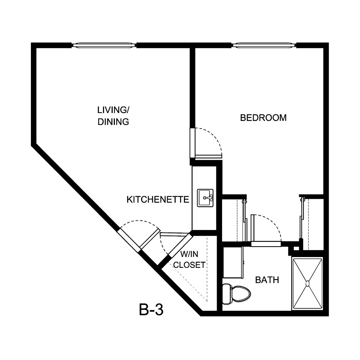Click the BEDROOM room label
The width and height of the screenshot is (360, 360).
point(263,118)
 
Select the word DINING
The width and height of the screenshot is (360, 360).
point(113,122)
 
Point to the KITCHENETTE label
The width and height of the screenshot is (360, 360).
point(158,199)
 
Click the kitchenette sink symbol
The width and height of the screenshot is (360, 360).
point(205,198)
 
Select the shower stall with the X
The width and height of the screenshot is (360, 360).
point(307,283)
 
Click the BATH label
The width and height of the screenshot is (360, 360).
point(267,280)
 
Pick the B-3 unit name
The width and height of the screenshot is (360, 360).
point(151,310)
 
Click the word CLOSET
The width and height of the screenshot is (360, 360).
point(189,265)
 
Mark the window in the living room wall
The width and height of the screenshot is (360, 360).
point(104,45)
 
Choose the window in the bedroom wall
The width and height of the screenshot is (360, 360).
point(264,45)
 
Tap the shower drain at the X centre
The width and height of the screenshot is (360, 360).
point(307,284)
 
